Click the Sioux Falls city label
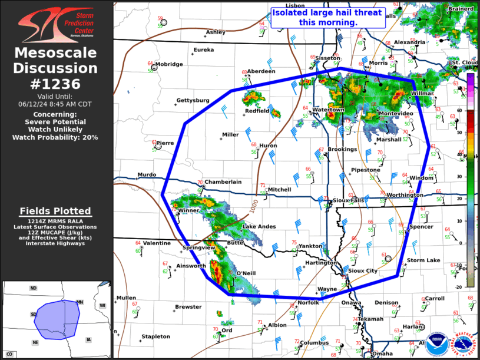(349, 200)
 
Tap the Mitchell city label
(279, 190)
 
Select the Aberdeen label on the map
(261, 71)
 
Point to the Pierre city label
(164, 143)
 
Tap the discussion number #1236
(56, 84)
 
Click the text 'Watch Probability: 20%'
(55, 137)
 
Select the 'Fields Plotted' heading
(55, 211)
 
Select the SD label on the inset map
(34, 315)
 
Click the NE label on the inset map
(35, 342)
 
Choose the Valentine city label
(157, 243)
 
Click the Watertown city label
(328, 110)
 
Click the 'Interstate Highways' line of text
(55, 243)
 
